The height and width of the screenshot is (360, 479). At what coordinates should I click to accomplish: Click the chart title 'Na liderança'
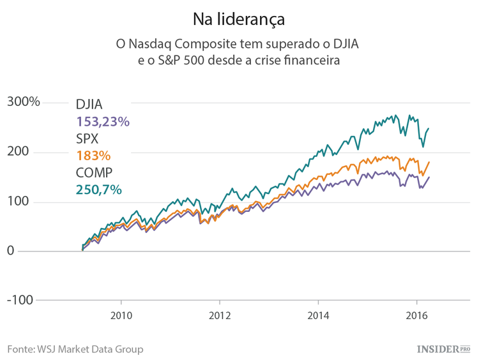pyautogui.click(x=239, y=19)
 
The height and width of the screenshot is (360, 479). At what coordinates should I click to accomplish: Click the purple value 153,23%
pyautogui.click(x=103, y=121)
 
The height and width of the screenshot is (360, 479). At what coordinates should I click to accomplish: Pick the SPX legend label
pyautogui.click(x=89, y=139)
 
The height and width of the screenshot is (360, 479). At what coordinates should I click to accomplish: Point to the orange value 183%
pyautogui.click(x=93, y=156)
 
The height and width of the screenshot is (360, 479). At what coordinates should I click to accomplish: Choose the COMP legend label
pyautogui.click(x=95, y=172)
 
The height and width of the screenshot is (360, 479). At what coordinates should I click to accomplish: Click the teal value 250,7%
pyautogui.click(x=98, y=190)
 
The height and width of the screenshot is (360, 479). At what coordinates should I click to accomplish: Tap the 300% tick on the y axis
pyautogui.click(x=24, y=102)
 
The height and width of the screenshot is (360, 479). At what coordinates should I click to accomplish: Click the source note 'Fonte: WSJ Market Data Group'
pyautogui.click(x=75, y=349)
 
